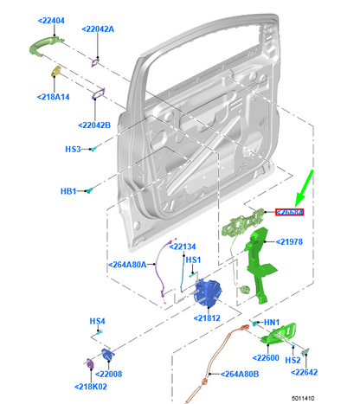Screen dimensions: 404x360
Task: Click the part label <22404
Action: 52,20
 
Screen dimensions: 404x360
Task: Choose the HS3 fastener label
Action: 74,150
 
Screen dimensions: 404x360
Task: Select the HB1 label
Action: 69,190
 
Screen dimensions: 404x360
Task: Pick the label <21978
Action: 289,242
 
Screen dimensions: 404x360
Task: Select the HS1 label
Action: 193,260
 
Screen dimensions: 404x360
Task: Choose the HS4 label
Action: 98,321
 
